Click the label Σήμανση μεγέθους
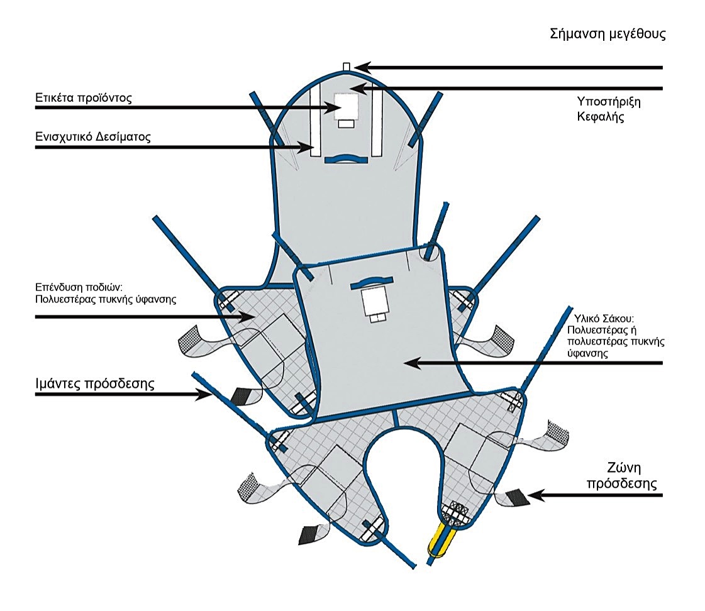click(x=608, y=34)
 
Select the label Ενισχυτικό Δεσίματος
click(x=93, y=137)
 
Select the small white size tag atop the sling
click(x=346, y=67)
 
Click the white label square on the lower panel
click(x=374, y=302)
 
